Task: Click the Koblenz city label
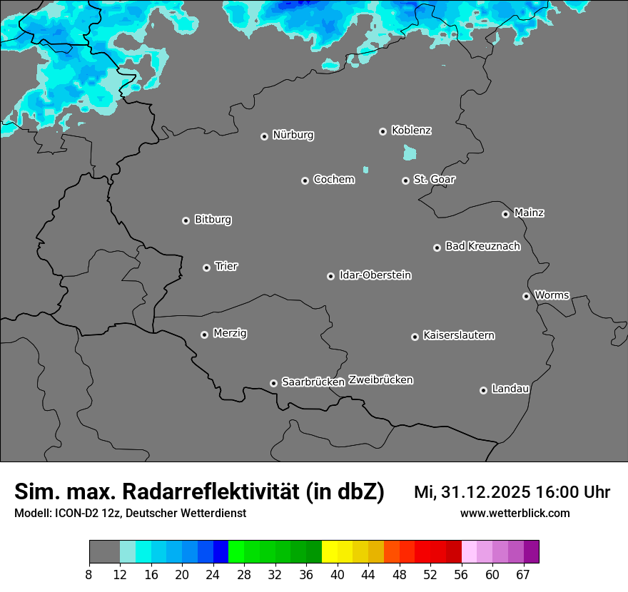pyautogui.click(x=411, y=131)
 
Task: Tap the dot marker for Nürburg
pyautogui.click(x=264, y=136)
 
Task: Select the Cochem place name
pyautogui.click(x=333, y=179)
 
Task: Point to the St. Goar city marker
pyautogui.click(x=405, y=180)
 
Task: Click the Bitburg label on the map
pyautogui.click(x=213, y=220)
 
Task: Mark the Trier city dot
pyautogui.click(x=207, y=267)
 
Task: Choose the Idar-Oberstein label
pyautogui.click(x=375, y=275)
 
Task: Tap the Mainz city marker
pyautogui.click(x=505, y=214)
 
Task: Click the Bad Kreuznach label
pyautogui.click(x=482, y=246)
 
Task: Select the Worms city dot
pyautogui.click(x=526, y=296)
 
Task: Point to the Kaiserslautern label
pyautogui.click(x=458, y=335)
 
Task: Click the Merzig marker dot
pyautogui.click(x=204, y=335)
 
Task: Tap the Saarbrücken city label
pyautogui.click(x=313, y=382)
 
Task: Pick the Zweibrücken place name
pyautogui.click(x=380, y=379)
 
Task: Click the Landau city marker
pyautogui.click(x=483, y=390)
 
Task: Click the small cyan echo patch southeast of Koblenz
pyautogui.click(x=410, y=153)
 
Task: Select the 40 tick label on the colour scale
pyautogui.click(x=338, y=575)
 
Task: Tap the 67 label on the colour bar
pyautogui.click(x=523, y=575)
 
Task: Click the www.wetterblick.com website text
pyautogui.click(x=515, y=513)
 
